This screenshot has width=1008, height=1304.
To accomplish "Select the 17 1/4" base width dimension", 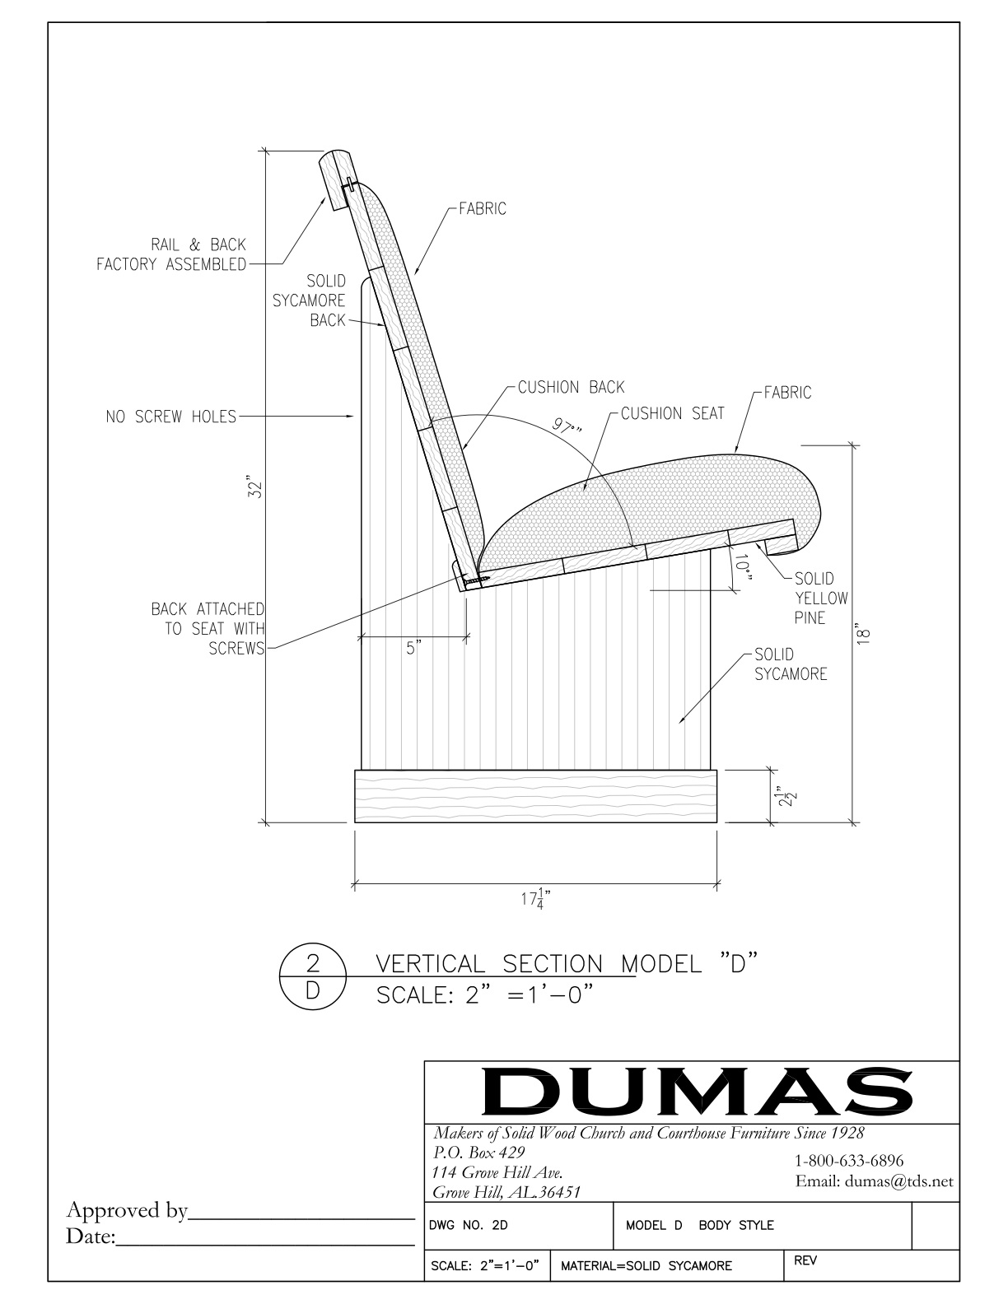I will point(535,899).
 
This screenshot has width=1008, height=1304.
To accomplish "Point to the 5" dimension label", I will point(413,649).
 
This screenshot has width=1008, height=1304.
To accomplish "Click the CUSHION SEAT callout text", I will point(671,413).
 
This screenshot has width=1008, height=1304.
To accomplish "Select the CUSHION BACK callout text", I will point(571,387).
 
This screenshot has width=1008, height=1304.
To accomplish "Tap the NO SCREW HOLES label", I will point(170,417).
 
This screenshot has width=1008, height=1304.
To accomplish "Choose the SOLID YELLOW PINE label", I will point(814,598).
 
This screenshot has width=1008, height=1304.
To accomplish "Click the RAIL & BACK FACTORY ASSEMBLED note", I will point(171,254).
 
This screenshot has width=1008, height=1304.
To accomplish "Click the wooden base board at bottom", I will point(535,796).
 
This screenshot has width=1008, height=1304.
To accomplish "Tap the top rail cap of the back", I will point(335,176).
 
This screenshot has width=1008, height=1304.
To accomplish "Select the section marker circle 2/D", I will point(312,977).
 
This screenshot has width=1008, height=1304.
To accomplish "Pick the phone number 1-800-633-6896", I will point(848,1161).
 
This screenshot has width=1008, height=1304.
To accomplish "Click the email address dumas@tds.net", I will point(874,1181).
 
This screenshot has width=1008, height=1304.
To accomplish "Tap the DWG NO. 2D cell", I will point(469,1225).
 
